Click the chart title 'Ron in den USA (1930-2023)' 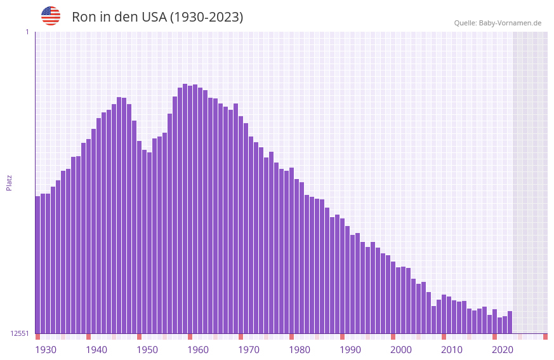(157, 17)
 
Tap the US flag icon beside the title (51, 16)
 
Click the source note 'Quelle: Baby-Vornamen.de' (498, 23)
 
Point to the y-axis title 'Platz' (9, 182)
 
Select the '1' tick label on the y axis (27, 32)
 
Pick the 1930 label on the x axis (46, 350)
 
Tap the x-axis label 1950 (147, 350)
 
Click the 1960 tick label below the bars (198, 350)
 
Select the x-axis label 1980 (300, 350)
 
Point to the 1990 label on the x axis (350, 350)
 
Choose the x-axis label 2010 (452, 350)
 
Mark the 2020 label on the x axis (503, 350)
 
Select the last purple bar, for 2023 (510, 322)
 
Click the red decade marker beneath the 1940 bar (88, 337)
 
